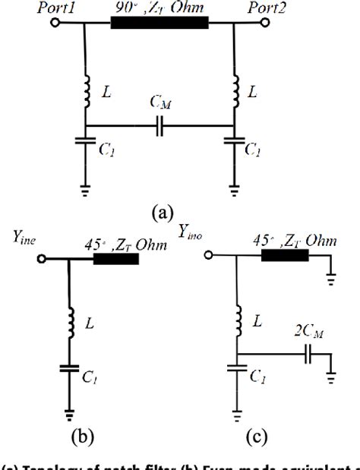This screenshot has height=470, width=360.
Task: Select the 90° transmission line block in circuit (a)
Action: (159, 22)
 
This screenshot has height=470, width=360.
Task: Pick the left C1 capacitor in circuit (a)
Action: (86, 145)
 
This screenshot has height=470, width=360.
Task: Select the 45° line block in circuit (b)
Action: (115, 259)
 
